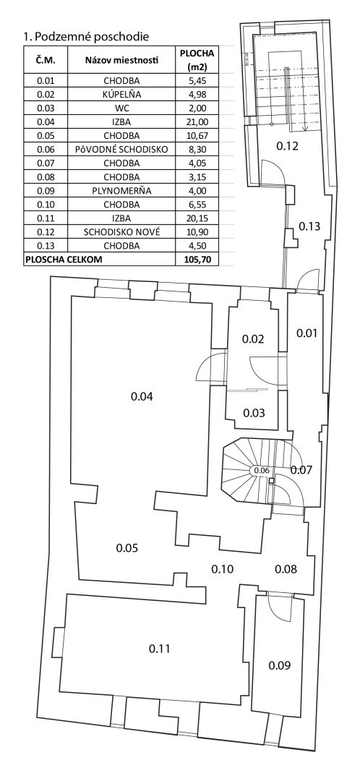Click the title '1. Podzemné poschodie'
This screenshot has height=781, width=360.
tap(87, 36)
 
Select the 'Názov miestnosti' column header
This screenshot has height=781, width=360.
tap(121, 61)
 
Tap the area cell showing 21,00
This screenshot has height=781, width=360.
tap(197, 121)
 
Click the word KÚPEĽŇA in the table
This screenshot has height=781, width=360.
tap(121, 94)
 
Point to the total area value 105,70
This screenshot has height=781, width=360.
tap(197, 259)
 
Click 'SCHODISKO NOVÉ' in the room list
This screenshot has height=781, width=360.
tap(121, 231)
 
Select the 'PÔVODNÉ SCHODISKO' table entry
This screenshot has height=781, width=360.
tap(121, 149)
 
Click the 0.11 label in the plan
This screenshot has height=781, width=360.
tap(160, 649)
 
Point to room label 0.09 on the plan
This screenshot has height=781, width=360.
tap(279, 665)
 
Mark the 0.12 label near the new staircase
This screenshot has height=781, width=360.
tap(287, 146)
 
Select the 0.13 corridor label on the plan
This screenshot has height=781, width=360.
tap(309, 226)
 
